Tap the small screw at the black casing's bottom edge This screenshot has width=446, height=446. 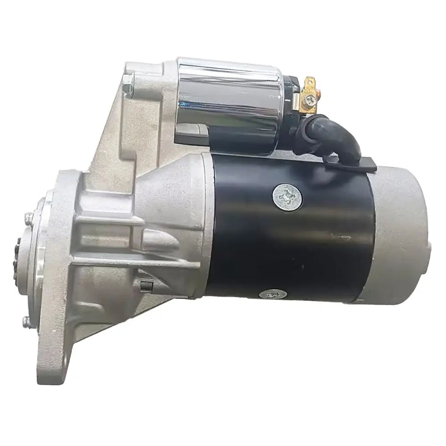coord(274,293)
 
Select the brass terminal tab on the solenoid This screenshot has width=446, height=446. coord(308,84)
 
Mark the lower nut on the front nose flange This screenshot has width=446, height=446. coord(26,321)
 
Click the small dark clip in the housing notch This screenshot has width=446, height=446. coord(146,285)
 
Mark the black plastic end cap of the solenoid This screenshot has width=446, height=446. coord(290,106)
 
